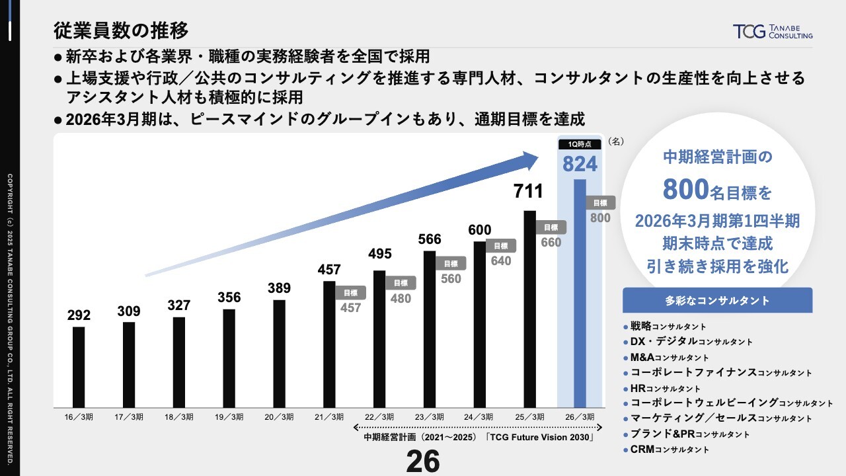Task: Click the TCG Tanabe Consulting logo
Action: tap(772, 32)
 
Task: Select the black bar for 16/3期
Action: tap(79, 367)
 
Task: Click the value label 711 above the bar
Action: tap(528, 192)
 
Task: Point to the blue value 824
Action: tap(580, 164)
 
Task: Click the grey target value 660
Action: tap(551, 242)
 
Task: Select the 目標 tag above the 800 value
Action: tap(600, 203)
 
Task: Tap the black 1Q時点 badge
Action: tap(580, 144)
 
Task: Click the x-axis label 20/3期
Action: tap(279, 417)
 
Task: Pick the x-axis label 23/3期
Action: tap(430, 417)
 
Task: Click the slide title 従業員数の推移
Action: tap(121, 30)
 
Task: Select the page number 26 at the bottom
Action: tap(422, 461)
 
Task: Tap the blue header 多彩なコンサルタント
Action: tap(717, 300)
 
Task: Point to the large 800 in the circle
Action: tap(686, 190)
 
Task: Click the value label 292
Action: tap(79, 315)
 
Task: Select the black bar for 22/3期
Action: tap(379, 338)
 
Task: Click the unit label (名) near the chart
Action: tap(615, 141)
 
